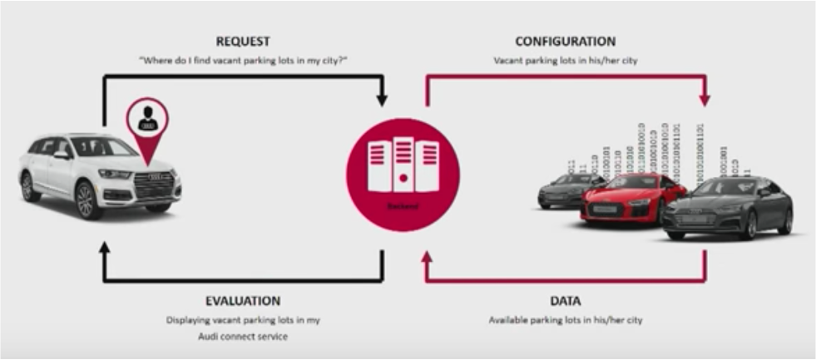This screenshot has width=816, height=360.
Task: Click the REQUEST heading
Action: pos(243,42)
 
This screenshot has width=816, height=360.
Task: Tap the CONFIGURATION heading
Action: pos(565,42)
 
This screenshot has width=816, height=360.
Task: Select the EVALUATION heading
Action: pos(243,301)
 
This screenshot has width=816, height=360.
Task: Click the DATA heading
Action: pos(565,301)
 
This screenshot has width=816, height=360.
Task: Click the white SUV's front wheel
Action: pos(86,200)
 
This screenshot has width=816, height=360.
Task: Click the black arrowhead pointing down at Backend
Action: pos(382,101)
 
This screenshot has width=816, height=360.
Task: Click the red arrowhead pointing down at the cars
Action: pos(705,101)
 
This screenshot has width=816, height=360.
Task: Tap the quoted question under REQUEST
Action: pos(243,61)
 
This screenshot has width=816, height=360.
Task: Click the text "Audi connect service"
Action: pos(243,336)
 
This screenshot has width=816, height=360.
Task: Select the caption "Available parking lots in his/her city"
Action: pos(565,320)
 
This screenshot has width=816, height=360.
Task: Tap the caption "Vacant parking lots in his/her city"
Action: pos(565,61)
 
